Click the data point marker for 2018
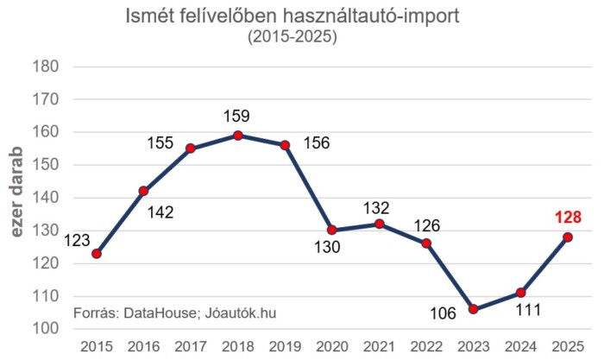click(x=237, y=136)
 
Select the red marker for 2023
click(x=473, y=309)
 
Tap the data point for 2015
click(x=96, y=254)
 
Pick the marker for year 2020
click(x=331, y=231)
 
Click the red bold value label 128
click(x=567, y=217)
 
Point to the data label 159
click(x=237, y=114)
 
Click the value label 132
click(x=376, y=208)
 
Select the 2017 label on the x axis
click(x=191, y=345)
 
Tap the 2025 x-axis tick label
click(x=567, y=345)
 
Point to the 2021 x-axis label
click(x=379, y=345)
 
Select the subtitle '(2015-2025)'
click(x=292, y=37)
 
